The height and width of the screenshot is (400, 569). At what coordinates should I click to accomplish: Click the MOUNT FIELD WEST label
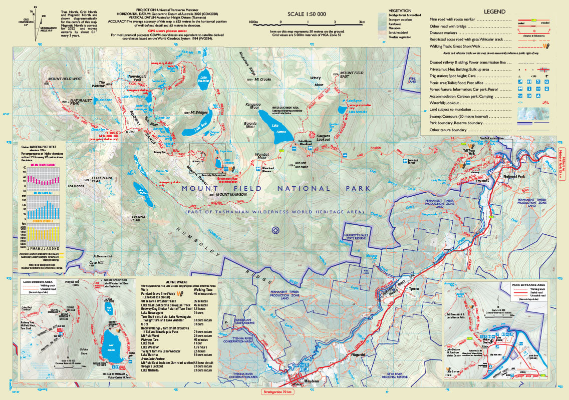[x=65, y=79]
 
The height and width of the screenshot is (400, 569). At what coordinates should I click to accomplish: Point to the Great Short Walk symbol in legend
[x=547, y=46]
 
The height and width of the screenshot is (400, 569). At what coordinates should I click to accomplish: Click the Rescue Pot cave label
[x=105, y=256]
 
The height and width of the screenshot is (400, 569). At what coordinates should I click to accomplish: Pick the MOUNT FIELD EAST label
[x=351, y=74]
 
